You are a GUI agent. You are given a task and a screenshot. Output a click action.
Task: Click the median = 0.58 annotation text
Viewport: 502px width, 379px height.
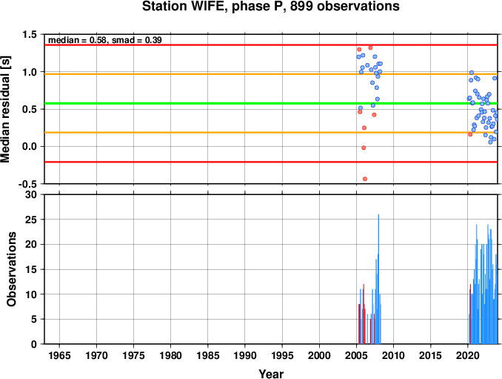77,40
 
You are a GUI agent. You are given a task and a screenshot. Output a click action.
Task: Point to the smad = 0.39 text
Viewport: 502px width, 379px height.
137,40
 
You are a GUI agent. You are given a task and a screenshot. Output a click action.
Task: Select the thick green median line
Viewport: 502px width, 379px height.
271,103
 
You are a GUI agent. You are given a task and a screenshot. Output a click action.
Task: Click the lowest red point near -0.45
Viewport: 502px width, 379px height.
365,179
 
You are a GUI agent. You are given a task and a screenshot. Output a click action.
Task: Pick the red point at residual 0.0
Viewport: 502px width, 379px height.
364,148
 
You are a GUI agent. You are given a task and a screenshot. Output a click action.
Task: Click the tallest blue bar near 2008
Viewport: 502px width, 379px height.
378,279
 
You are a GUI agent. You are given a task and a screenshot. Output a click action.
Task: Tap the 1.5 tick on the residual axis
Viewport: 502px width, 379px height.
30,35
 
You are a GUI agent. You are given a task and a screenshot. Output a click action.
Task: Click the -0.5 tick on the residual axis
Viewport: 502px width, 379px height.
27,184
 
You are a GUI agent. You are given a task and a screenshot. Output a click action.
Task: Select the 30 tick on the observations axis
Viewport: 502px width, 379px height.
31,194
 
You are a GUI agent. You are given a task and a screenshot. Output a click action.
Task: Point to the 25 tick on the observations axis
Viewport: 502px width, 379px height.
31,220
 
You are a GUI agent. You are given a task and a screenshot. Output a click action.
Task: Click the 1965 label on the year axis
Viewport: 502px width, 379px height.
59,355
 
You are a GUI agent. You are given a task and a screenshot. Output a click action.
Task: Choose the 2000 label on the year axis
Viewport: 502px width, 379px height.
319,355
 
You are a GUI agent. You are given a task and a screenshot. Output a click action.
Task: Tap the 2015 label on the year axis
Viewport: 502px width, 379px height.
431,355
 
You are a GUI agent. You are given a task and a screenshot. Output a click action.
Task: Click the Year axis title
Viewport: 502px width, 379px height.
271,374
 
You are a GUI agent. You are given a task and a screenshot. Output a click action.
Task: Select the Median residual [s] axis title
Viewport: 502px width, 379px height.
5,109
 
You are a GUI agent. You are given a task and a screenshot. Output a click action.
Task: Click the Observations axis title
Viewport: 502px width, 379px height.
12,269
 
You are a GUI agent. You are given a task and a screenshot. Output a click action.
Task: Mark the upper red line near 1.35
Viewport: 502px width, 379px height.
271,45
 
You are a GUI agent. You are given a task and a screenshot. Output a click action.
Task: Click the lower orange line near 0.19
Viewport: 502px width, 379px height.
271,133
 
